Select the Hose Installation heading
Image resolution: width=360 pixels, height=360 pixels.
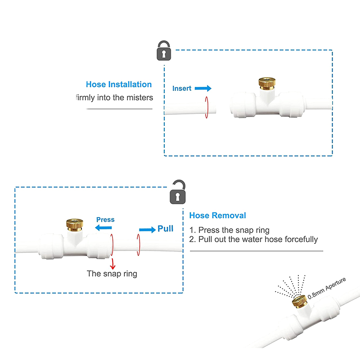[x=119, y=84]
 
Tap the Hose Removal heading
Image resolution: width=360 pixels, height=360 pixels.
[x=217, y=216]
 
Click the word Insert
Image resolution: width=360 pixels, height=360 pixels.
[x=182, y=89]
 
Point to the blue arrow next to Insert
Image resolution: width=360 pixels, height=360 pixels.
[x=203, y=89]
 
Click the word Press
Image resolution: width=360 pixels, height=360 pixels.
[x=105, y=220]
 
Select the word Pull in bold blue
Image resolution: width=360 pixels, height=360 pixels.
[x=165, y=229]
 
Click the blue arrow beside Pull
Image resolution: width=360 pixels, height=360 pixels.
[x=147, y=230]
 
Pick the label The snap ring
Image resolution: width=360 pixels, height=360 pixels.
[x=112, y=273]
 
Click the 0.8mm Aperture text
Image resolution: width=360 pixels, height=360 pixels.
[x=327, y=288]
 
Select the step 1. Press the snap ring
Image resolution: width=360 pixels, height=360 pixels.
[x=229, y=229]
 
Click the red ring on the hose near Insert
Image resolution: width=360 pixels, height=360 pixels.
[x=207, y=107]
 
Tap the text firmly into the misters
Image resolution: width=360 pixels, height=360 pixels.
[x=114, y=98]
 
